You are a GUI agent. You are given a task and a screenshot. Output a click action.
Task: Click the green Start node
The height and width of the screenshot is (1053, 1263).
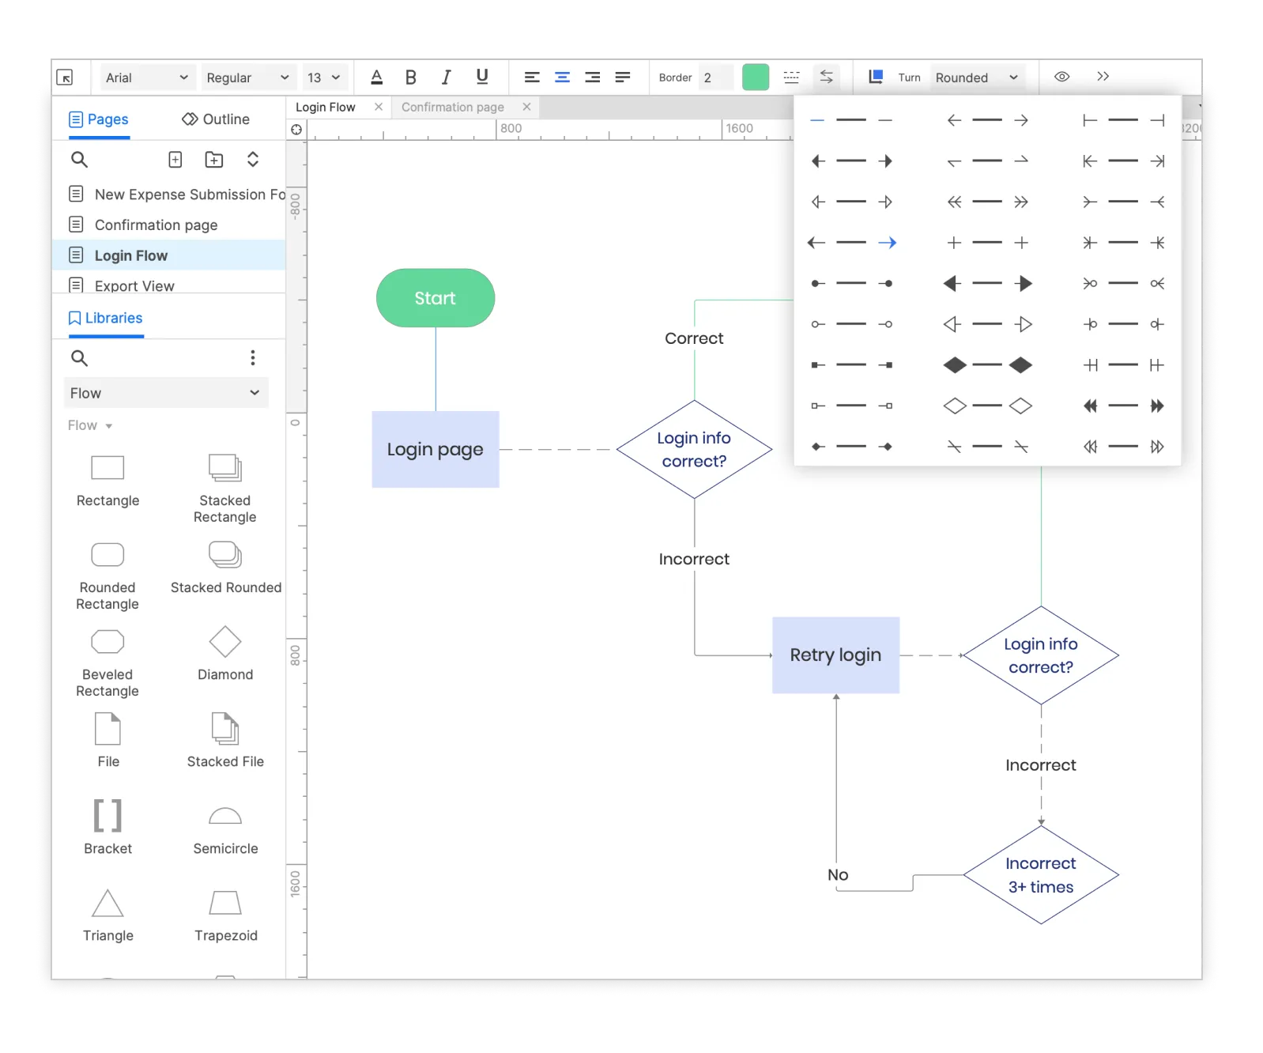pyautogui.click(x=435, y=298)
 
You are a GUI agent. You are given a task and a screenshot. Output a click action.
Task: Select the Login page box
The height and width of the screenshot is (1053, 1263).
pyautogui.click(x=435, y=449)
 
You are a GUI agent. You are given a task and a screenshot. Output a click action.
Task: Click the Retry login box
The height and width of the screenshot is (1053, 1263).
pyautogui.click(x=835, y=655)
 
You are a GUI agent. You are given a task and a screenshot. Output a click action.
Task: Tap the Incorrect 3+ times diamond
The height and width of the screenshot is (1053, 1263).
pyautogui.click(x=1041, y=875)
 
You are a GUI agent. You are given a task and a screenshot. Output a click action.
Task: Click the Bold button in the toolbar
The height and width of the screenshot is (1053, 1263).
pyautogui.click(x=410, y=77)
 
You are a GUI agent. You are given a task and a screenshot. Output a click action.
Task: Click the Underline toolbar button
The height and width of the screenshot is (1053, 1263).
pyautogui.click(x=482, y=77)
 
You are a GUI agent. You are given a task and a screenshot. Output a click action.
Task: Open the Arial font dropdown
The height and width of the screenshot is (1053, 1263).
pyautogui.click(x=147, y=77)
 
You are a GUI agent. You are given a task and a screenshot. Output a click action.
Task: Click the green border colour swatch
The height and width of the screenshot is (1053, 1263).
pyautogui.click(x=756, y=77)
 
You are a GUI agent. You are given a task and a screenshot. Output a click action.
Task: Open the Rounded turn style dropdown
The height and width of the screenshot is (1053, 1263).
pyautogui.click(x=977, y=77)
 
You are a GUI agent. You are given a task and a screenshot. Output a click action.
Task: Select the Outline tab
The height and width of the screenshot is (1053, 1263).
pyautogui.click(x=216, y=119)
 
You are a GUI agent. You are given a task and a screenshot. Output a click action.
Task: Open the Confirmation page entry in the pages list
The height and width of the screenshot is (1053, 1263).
pyautogui.click(x=156, y=225)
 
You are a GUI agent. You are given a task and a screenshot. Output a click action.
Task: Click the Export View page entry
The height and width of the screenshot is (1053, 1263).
pyautogui.click(x=134, y=285)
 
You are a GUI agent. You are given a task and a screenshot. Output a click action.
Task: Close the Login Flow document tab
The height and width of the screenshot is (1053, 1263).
pyautogui.click(x=379, y=107)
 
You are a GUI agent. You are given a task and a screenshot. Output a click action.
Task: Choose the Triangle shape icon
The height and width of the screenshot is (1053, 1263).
pyautogui.click(x=108, y=904)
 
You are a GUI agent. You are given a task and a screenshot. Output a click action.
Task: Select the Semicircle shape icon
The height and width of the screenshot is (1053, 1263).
pyautogui.click(x=225, y=816)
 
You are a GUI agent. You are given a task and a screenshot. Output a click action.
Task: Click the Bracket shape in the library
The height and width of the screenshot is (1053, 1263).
pyautogui.click(x=108, y=816)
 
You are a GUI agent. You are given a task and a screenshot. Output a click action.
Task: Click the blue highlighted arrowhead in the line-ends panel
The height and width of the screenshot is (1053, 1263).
pyautogui.click(x=888, y=243)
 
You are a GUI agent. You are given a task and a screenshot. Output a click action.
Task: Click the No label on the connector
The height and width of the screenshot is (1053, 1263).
pyautogui.click(x=838, y=875)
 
